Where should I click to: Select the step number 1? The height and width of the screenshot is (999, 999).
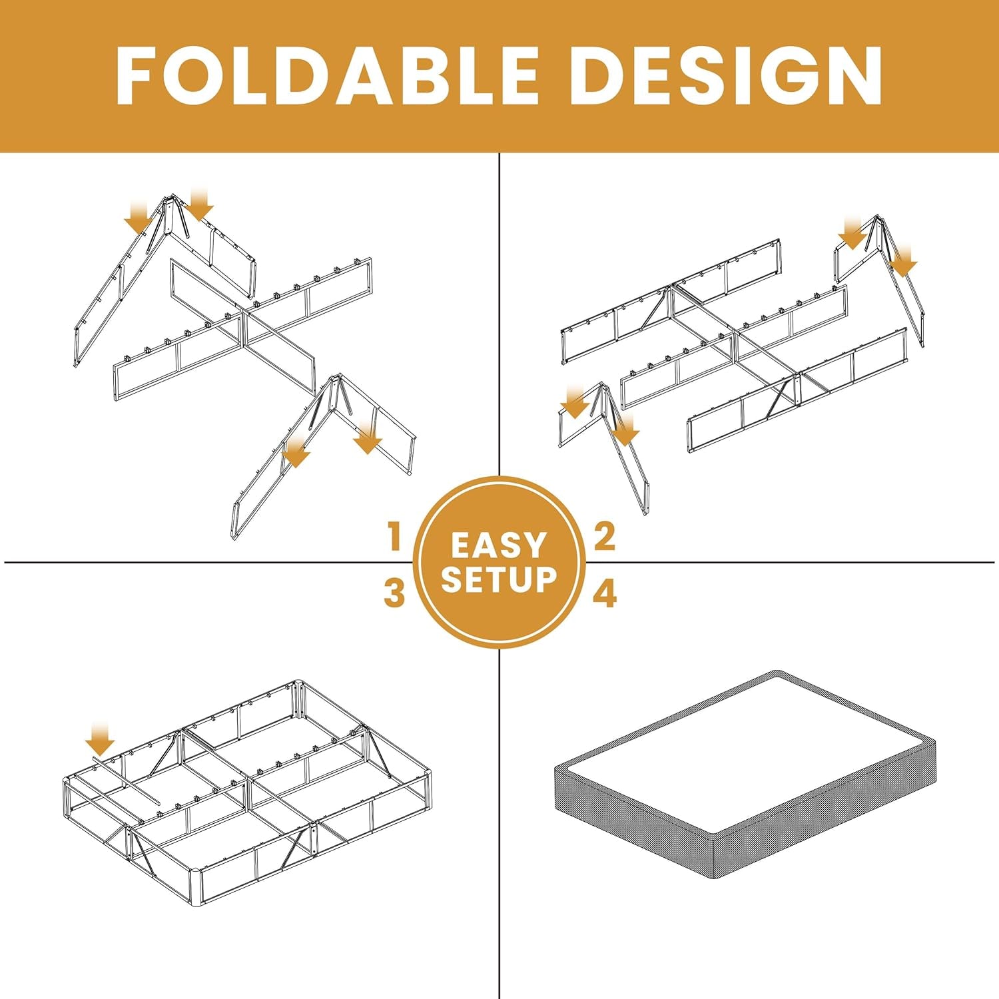point(395,537)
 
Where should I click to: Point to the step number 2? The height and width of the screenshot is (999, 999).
point(604,537)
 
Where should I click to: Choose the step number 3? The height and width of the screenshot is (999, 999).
point(394,593)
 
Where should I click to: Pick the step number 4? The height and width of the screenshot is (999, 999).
point(605,593)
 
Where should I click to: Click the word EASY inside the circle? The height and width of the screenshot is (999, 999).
point(498,545)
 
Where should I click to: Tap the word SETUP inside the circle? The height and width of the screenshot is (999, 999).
point(498,579)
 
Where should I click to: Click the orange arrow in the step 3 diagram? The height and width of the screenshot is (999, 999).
point(101,740)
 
